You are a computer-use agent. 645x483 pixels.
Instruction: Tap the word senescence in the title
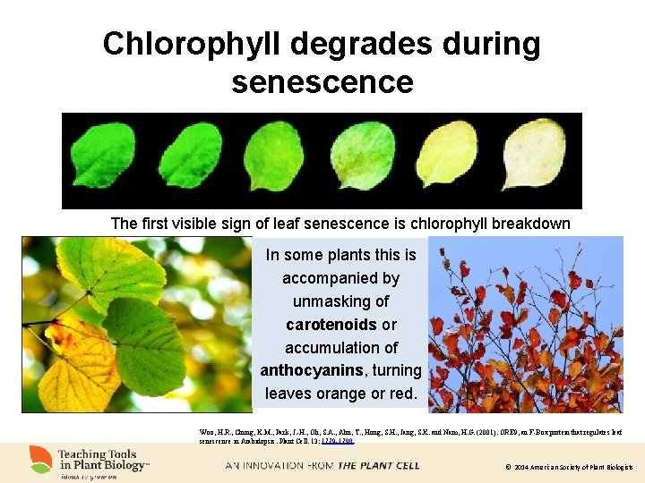(x=322, y=82)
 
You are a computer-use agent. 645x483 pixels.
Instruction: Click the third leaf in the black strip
(x=272, y=157)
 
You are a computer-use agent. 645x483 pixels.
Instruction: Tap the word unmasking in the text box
(x=340, y=301)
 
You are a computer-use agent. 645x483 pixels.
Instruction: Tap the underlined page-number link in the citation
(x=340, y=441)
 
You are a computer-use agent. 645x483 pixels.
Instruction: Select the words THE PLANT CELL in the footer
(x=378, y=465)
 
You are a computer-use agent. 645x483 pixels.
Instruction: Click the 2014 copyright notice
(x=568, y=467)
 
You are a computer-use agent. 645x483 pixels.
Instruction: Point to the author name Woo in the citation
(x=207, y=431)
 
